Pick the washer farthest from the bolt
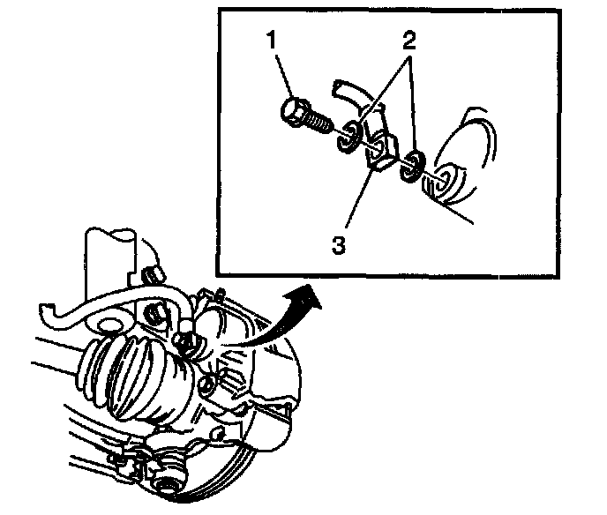(x=412, y=166)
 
